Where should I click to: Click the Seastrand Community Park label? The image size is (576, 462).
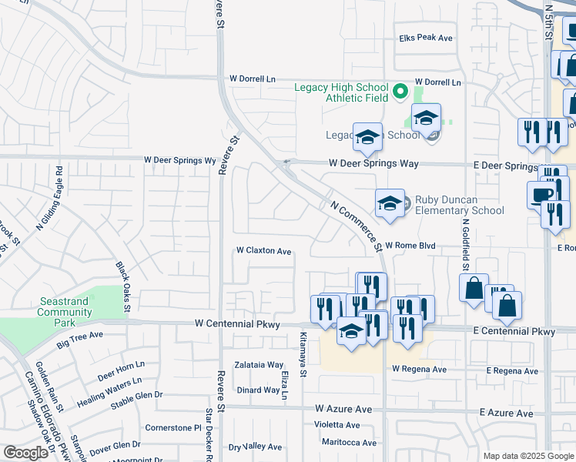[x=65, y=306]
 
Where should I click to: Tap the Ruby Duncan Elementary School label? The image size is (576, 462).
[x=459, y=205]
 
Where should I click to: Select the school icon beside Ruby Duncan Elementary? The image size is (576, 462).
[x=390, y=204]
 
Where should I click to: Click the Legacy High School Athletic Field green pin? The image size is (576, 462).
[x=400, y=93]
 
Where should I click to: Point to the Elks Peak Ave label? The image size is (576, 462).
[x=425, y=38]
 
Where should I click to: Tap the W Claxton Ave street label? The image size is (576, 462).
[x=263, y=251]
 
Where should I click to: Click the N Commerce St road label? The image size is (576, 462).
[x=356, y=226]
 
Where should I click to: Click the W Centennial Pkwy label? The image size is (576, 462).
[x=246, y=324]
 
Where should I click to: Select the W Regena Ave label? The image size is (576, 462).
[x=419, y=370]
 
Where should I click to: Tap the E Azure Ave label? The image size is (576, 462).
[x=506, y=413]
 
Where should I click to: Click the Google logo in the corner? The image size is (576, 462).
[x=25, y=453]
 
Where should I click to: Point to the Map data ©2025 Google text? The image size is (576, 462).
[x=527, y=456]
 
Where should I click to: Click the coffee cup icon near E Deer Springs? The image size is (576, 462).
[x=541, y=194]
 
